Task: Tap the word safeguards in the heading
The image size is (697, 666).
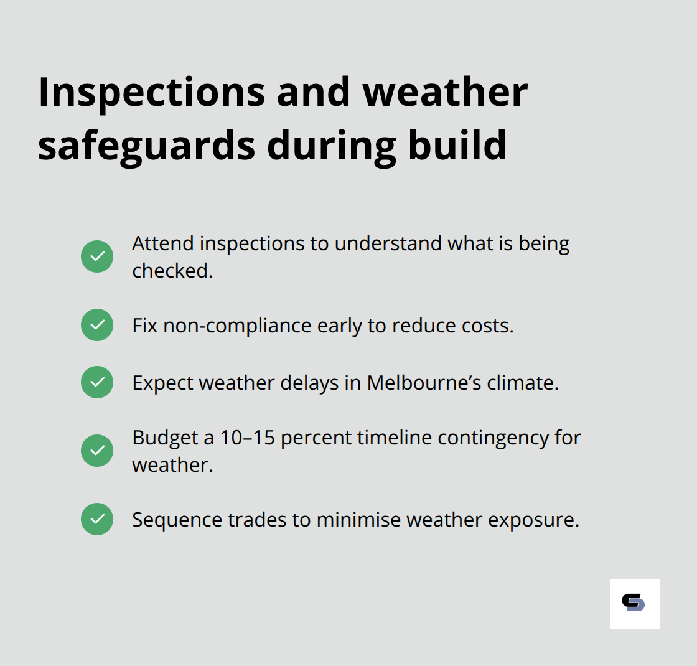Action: (x=146, y=145)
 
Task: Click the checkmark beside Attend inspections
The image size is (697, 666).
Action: (x=97, y=256)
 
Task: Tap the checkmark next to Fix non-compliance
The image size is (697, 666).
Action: (x=97, y=325)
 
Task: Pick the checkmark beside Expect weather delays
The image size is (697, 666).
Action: (x=97, y=382)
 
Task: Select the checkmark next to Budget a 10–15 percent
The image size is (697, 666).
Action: (x=97, y=451)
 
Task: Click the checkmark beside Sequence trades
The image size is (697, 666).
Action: (x=97, y=519)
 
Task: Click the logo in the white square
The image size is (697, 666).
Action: (x=634, y=603)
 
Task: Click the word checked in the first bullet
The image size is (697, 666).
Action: (x=171, y=271)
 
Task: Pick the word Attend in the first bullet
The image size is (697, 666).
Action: (x=163, y=243)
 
